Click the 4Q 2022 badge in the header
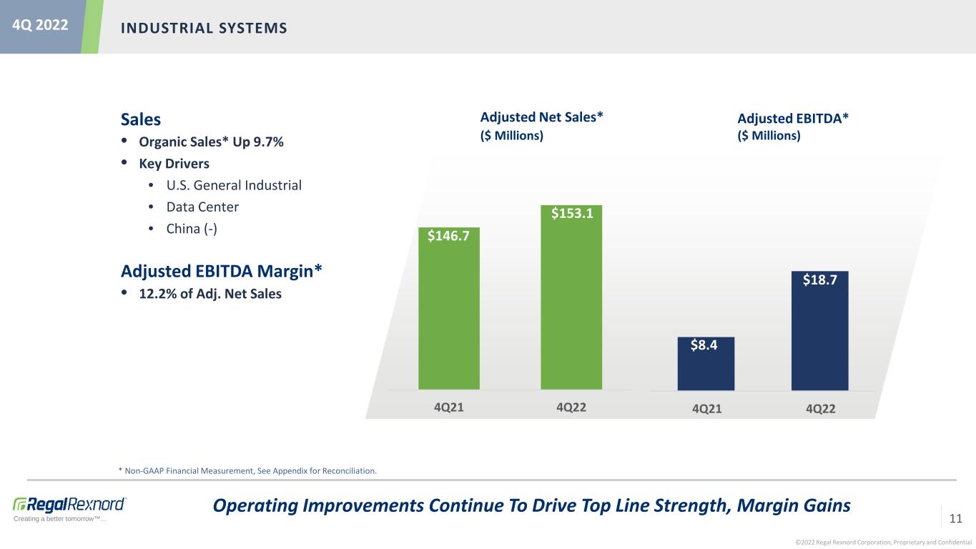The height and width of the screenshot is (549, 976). point(40,25)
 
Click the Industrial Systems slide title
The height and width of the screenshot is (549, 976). point(204,29)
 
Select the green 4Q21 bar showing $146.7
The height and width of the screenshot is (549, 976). point(449,309)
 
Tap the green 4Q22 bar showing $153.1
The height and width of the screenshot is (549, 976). point(571,297)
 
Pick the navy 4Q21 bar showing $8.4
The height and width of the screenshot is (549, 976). point(706,363)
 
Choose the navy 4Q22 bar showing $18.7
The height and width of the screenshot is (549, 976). point(819,331)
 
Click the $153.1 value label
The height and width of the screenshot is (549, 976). point(572,214)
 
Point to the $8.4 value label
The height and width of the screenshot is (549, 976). point(704,345)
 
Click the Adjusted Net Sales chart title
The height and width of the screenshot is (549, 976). point(541,117)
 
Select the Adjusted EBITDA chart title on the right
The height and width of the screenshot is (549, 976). point(793,119)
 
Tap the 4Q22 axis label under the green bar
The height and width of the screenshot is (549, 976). point(571,407)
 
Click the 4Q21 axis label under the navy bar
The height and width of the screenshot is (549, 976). point(706,409)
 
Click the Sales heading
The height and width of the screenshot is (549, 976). point(141,119)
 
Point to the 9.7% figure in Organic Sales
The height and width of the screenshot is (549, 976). point(268,142)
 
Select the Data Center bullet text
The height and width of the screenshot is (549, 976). point(202,207)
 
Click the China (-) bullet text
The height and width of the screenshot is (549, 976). point(192,229)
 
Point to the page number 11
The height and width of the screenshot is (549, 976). point(955,518)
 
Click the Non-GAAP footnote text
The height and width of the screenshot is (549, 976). point(247,471)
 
